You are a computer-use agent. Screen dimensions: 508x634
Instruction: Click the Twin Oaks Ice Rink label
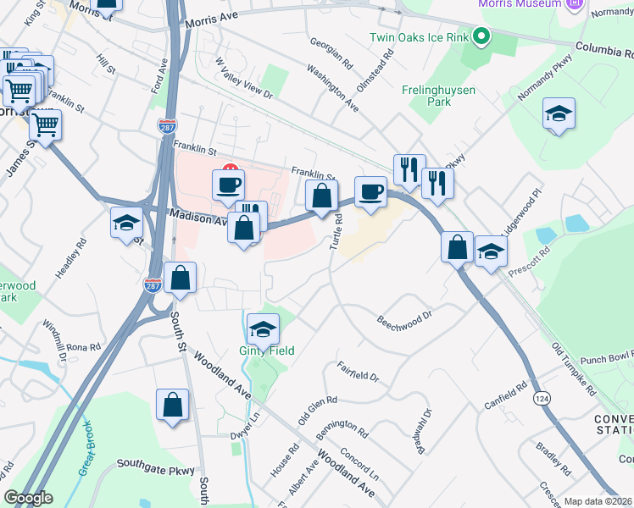point(418,37)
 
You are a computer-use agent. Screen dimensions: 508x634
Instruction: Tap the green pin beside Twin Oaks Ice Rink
point(481,36)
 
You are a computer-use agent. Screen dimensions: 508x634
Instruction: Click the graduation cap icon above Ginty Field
point(263,329)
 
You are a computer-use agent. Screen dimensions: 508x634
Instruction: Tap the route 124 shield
point(542,396)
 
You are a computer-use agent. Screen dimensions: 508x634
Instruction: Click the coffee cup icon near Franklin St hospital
point(227,184)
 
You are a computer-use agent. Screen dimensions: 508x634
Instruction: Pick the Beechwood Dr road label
point(405,319)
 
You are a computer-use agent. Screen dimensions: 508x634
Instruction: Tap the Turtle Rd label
point(336,231)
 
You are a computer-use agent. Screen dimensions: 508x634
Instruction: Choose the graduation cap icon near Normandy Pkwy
point(559,114)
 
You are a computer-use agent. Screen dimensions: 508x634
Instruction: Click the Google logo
point(28,498)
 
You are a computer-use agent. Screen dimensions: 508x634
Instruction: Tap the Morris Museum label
point(520,4)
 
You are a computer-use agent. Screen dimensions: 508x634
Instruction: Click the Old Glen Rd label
point(318,409)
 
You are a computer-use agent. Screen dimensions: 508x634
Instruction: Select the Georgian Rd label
point(331,52)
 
